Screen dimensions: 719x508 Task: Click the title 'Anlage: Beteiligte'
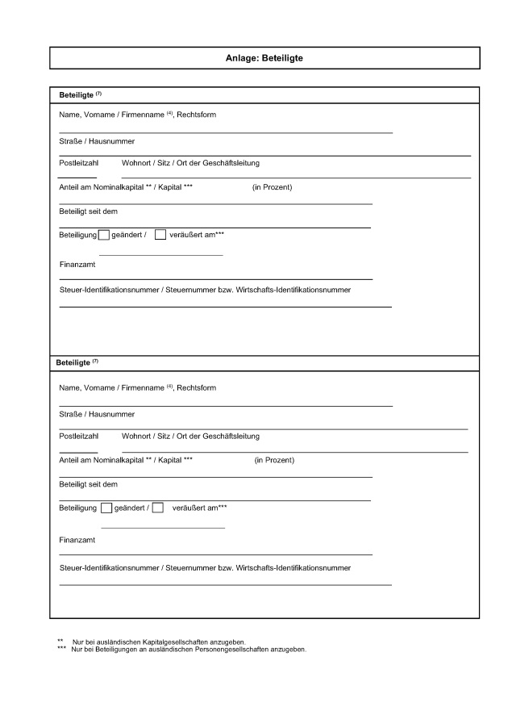coord(264,58)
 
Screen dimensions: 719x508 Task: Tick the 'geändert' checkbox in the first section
coord(103,235)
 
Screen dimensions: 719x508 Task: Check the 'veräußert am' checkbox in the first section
coord(160,235)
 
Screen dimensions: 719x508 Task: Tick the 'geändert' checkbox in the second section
coord(106,508)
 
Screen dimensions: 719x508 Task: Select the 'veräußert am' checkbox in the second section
coord(158,508)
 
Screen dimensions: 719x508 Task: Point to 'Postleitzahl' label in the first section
coord(78,163)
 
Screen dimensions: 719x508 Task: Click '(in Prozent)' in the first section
coord(272,187)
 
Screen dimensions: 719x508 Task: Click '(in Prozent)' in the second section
coord(274,460)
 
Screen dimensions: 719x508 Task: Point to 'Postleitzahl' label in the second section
coord(78,436)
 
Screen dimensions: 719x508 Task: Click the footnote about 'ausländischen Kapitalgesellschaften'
coord(159,642)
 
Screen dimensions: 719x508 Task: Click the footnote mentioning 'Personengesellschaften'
coord(189,649)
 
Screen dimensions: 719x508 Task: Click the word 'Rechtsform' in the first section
coord(197,115)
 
